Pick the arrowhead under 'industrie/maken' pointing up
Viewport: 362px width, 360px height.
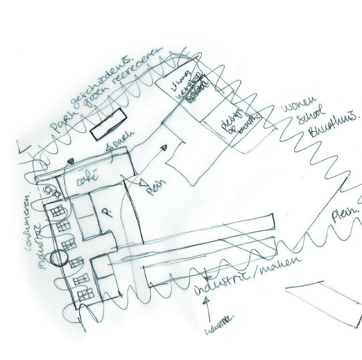[207, 300]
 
